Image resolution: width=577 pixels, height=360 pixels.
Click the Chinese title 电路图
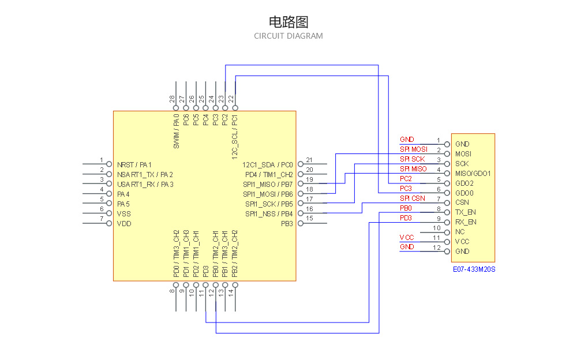point(288,22)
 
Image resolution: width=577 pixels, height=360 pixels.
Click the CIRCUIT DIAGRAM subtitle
point(288,36)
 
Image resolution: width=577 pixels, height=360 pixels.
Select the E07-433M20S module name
point(474,269)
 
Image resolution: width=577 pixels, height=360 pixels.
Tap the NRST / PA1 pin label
point(134,164)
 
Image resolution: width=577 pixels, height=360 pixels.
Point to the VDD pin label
point(123,223)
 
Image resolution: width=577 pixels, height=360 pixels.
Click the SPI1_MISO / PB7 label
point(268,184)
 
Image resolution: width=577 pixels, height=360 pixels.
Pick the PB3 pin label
point(287,223)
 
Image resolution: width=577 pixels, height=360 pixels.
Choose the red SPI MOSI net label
point(413,149)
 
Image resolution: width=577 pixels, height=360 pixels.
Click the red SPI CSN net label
point(412,198)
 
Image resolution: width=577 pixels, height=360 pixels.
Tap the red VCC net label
point(406,237)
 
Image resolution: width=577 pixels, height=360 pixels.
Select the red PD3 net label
point(406,218)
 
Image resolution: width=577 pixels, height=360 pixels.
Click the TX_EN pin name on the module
point(466,212)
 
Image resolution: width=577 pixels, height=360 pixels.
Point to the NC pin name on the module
point(460,232)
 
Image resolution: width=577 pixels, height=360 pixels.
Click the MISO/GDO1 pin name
point(473,173)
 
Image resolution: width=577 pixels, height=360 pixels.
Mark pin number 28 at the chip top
point(173,99)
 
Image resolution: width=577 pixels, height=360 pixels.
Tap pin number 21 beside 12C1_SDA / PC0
point(309,160)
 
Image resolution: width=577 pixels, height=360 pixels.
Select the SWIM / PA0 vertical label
point(176,132)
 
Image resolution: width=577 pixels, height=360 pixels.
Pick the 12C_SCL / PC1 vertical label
point(235,137)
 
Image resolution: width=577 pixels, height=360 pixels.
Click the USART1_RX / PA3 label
point(145,184)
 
